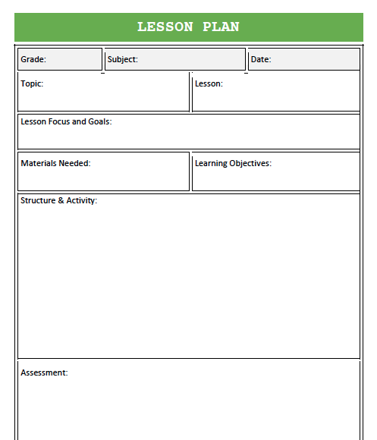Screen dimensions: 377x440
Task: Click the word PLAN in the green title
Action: [221, 27]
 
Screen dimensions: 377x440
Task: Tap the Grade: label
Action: [33, 59]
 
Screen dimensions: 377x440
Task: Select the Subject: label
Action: [123, 59]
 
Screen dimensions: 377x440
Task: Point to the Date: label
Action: [261, 59]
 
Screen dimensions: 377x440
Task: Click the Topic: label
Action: [32, 83]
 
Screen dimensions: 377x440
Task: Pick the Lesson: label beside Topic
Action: [209, 83]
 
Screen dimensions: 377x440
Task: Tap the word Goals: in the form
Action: [99, 121]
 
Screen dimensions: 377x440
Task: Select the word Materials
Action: [39, 163]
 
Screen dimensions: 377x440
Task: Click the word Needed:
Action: [76, 163]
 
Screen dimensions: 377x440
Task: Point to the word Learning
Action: [212, 163]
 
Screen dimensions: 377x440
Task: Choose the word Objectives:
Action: [252, 163]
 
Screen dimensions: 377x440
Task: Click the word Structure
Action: [38, 201]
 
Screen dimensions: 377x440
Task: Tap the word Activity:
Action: [82, 201]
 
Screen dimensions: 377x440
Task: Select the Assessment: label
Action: [44, 372]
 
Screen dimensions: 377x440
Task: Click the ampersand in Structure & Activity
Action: [61, 201]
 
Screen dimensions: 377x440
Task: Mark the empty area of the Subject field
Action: [190, 59]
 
